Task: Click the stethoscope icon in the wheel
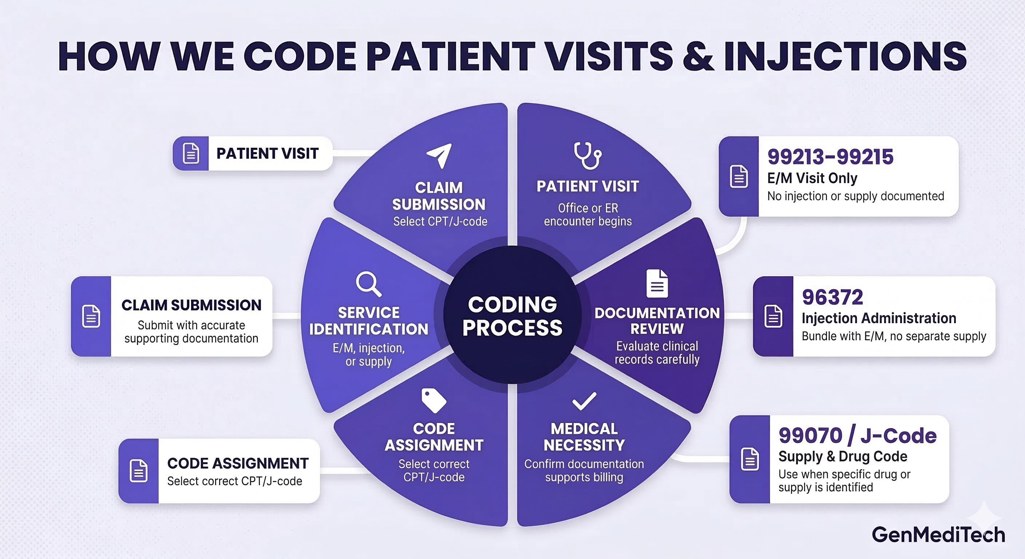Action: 587,156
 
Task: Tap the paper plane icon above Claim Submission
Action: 439,155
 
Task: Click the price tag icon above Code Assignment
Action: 434,400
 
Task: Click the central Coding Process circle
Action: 512,316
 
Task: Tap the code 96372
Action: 832,297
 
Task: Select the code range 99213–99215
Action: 830,157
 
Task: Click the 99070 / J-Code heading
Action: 858,436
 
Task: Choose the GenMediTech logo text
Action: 938,535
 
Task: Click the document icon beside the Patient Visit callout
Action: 191,154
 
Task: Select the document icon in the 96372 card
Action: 773,317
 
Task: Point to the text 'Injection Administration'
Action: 879,318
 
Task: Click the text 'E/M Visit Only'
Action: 812,178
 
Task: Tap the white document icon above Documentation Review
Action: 657,283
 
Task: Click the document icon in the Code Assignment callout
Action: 138,471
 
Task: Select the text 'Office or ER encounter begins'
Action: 588,214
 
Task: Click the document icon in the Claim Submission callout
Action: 91,317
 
